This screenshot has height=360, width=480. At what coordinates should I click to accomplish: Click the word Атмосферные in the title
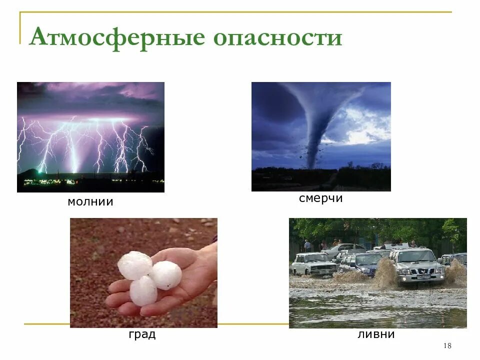(117, 37)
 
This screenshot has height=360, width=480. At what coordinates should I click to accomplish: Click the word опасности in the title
(278, 38)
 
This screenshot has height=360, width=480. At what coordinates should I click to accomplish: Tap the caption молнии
(90, 202)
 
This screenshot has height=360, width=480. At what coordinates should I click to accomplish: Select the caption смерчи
(320, 198)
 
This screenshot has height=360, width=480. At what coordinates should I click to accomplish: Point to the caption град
(142, 334)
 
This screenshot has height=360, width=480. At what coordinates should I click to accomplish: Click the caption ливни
(376, 334)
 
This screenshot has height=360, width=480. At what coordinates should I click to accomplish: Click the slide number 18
(447, 346)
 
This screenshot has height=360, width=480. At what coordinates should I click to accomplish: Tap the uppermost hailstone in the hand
(134, 265)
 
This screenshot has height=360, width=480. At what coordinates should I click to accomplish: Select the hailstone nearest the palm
(166, 275)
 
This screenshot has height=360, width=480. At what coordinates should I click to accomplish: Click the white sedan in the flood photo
(312, 263)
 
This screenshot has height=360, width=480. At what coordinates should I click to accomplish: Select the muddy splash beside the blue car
(385, 272)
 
